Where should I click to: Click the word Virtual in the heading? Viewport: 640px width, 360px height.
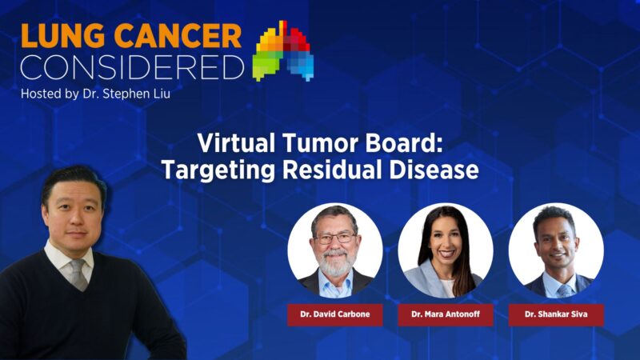pyautogui.click(x=234, y=144)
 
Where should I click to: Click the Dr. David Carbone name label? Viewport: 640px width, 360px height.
pyautogui.click(x=335, y=314)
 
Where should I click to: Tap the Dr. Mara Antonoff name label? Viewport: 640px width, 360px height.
pyautogui.click(x=446, y=314)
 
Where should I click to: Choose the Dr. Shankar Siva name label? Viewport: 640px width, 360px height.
pyautogui.click(x=556, y=314)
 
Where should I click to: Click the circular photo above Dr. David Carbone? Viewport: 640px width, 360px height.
pyautogui.click(x=335, y=250)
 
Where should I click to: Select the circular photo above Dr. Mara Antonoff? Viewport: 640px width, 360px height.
pyautogui.click(x=446, y=250)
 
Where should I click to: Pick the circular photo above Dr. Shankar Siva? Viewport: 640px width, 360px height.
pyautogui.click(x=556, y=250)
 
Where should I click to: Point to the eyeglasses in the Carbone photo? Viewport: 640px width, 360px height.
pyautogui.click(x=335, y=238)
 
